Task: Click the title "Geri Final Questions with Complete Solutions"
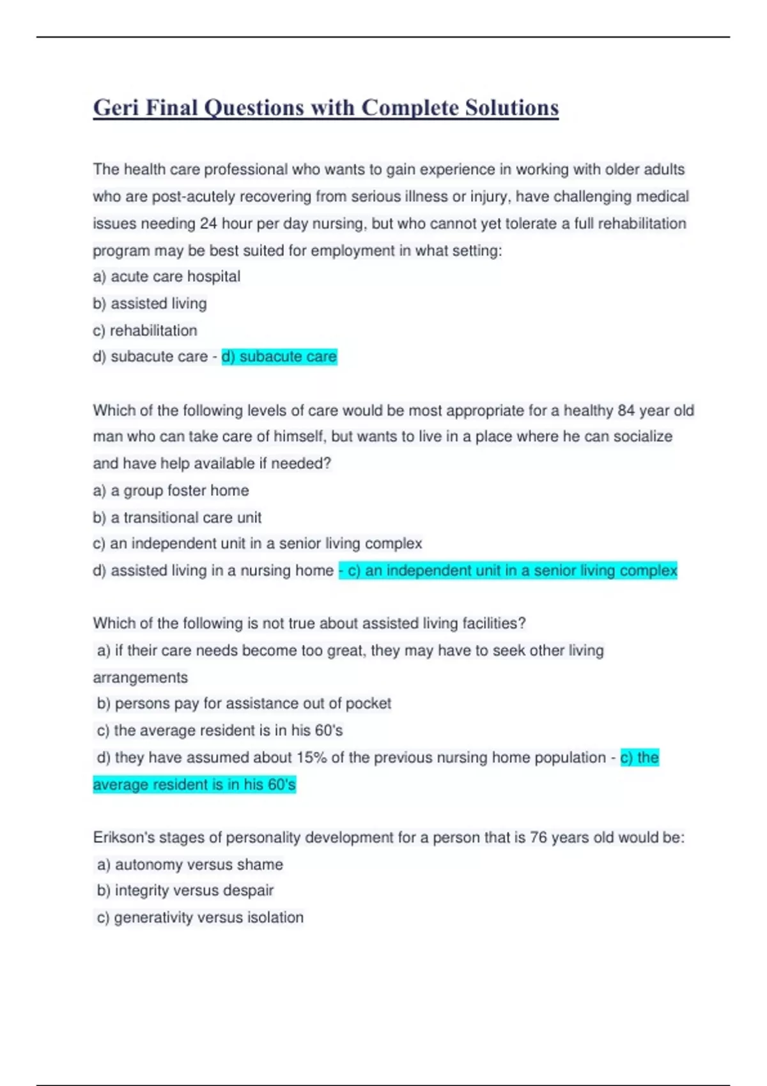[x=326, y=108]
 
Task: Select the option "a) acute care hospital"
[x=166, y=277]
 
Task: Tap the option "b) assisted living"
[x=150, y=303]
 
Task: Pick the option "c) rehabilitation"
[x=145, y=330]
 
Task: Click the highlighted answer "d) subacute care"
[x=279, y=356]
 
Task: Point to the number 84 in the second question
[x=626, y=410]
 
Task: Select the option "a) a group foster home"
[x=171, y=491]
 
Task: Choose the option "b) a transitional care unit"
[x=177, y=517]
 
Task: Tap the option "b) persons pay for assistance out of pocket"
[x=244, y=703]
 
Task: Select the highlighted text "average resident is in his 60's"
[x=194, y=784]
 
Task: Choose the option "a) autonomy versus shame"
[x=190, y=864]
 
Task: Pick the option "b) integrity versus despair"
[x=185, y=891]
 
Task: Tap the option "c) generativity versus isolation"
[x=200, y=917]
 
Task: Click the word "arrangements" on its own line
[x=141, y=677]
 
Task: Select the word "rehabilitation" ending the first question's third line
[x=642, y=224]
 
